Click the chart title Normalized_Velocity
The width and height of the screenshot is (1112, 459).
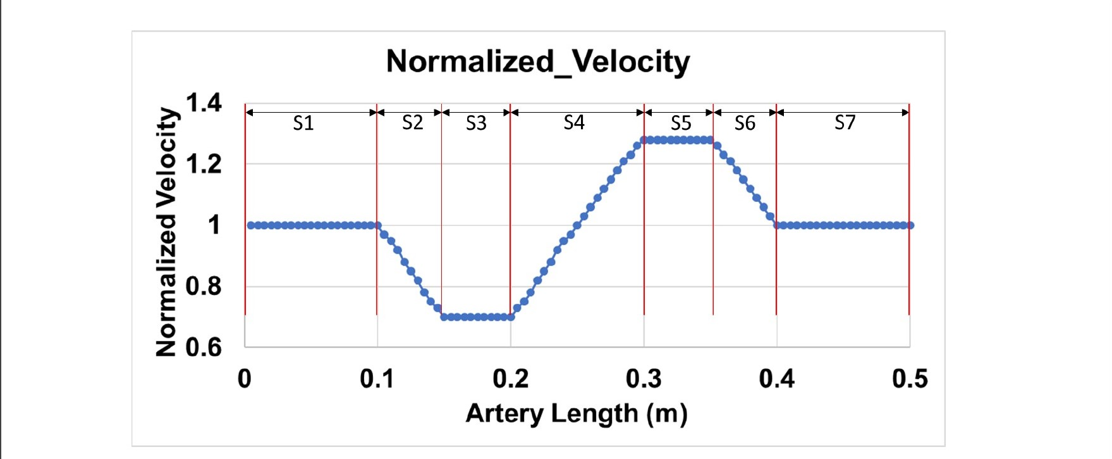(538, 62)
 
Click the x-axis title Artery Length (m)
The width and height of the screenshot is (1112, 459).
(576, 413)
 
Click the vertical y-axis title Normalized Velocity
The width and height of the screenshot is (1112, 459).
(166, 232)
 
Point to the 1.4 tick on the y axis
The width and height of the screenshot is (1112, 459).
(204, 103)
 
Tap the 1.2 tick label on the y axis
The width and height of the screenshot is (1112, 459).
(204, 164)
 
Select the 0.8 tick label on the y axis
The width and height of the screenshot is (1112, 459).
(204, 286)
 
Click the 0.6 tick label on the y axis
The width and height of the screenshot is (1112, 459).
(204, 348)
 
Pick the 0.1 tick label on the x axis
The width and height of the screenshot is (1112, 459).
(377, 379)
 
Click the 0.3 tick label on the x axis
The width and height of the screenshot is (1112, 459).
(644, 379)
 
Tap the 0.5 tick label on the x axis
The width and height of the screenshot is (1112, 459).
(910, 379)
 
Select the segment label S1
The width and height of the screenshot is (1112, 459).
(303, 123)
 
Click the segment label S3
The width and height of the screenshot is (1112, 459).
(476, 123)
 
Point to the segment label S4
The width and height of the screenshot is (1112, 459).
(574, 122)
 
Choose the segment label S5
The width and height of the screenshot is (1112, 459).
(681, 123)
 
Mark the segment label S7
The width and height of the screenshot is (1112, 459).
(845, 122)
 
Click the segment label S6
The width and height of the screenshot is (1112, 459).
(745, 123)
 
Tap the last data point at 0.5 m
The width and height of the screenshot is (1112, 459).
(910, 225)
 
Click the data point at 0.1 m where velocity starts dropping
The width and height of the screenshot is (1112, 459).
(377, 225)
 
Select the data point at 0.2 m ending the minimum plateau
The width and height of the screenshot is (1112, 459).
(511, 317)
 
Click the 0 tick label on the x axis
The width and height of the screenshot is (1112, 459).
(245, 379)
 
